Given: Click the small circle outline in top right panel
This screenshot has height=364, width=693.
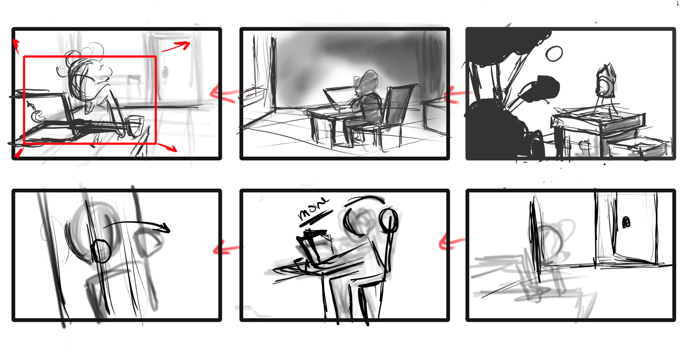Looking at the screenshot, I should (x=554, y=54).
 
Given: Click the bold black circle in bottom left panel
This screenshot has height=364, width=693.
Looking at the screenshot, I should (x=101, y=251).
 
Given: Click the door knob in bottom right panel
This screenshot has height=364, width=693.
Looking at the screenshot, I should (x=627, y=222).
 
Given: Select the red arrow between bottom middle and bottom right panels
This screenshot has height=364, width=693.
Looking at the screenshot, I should (x=451, y=242).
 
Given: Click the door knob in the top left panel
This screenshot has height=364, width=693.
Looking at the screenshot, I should (x=165, y=73).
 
